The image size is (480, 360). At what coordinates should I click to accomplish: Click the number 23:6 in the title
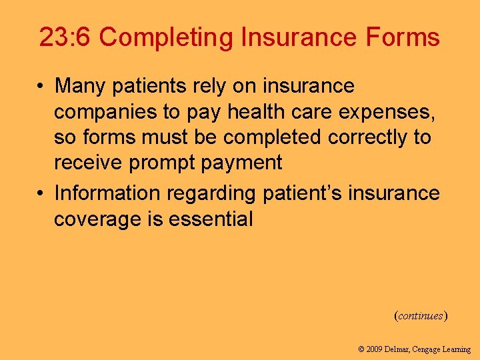point(65,37)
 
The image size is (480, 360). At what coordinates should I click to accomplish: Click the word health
point(257,112)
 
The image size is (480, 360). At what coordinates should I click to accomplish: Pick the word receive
point(90,163)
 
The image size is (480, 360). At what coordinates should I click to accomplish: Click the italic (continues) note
point(420,315)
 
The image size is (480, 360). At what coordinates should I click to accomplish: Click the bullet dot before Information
point(42,194)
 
